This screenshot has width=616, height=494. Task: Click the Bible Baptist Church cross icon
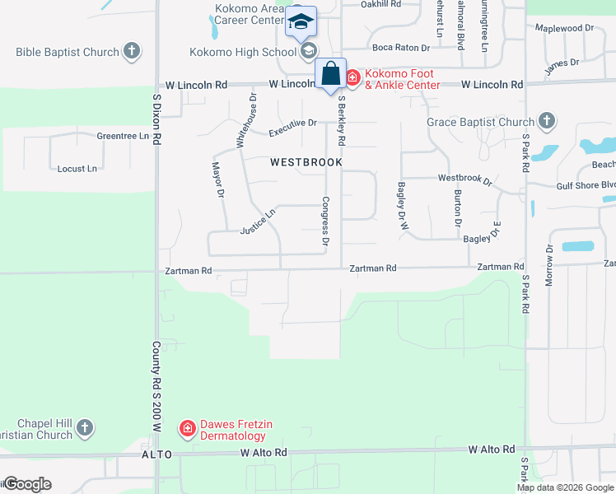131,53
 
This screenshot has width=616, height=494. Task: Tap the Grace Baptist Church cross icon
545,123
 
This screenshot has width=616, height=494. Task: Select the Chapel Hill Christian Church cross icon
84,427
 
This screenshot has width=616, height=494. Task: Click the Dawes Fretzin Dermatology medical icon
187,428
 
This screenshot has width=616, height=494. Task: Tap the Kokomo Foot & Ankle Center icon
352,78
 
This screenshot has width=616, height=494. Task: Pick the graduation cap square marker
301,22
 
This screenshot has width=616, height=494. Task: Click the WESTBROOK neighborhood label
306,162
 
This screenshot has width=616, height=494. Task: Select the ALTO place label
156,454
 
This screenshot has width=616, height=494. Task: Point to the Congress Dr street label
326,221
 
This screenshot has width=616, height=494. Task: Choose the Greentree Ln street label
123,136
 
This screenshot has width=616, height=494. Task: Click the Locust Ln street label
77,169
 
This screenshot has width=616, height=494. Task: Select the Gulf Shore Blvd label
586,185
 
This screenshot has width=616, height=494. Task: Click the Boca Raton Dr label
401,48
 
